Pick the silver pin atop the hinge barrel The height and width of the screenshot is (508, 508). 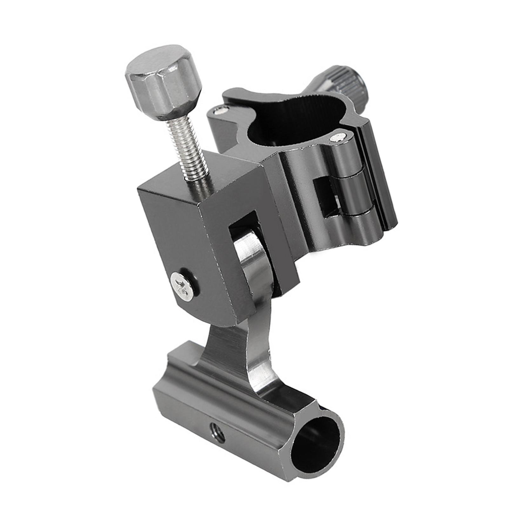click(337, 137)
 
